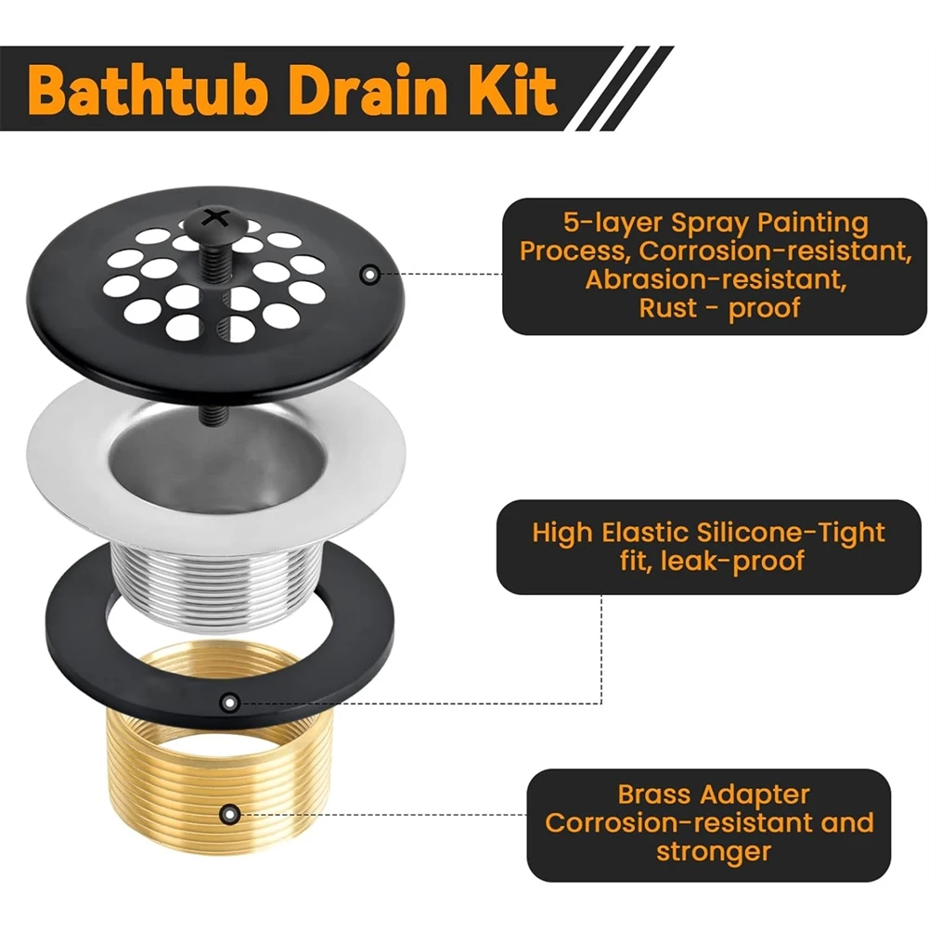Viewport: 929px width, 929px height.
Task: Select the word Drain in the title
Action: pos(388,90)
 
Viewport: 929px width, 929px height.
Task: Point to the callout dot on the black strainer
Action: pos(369,275)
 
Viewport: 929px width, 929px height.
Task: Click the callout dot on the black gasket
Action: pos(231,703)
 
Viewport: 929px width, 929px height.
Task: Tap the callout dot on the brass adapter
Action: pos(229,815)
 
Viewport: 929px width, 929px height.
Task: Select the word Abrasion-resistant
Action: pos(695,280)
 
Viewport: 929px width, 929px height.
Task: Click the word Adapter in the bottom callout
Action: pos(756,795)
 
